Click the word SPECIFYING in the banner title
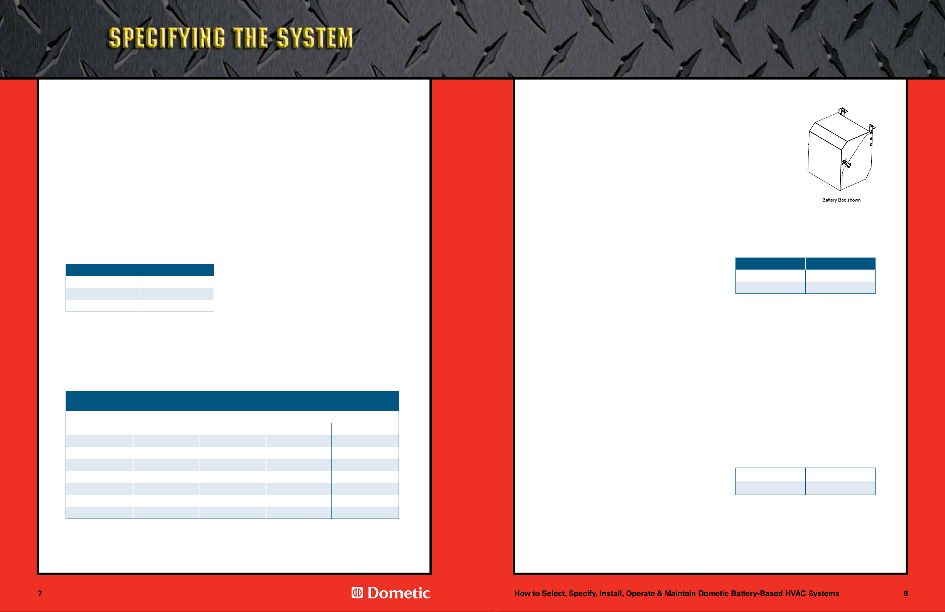(x=167, y=38)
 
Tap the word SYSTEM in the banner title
(x=314, y=38)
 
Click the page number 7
(x=40, y=593)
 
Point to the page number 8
(x=906, y=593)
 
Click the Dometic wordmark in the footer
(x=399, y=593)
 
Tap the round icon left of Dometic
(x=357, y=593)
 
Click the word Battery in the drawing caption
(x=830, y=200)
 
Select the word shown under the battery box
(x=854, y=200)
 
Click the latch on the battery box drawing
(x=846, y=163)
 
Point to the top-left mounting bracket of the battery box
(x=843, y=111)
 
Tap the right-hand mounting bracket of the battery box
(x=872, y=128)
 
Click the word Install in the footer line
(x=612, y=594)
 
